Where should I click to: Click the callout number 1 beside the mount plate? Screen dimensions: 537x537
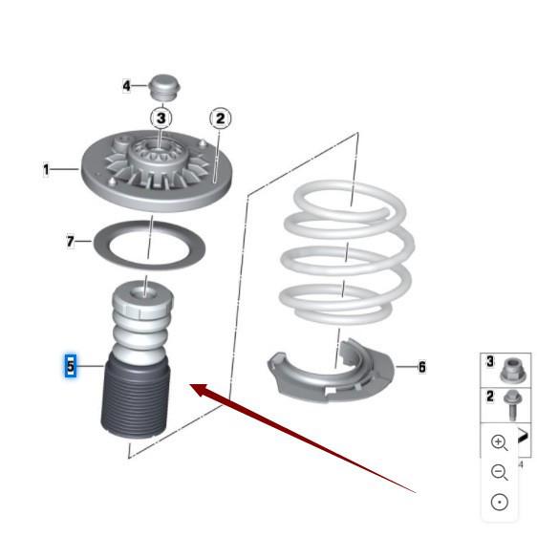click(x=46, y=169)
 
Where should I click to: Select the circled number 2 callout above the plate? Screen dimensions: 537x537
click(x=220, y=118)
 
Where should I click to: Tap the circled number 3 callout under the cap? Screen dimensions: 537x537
click(x=161, y=118)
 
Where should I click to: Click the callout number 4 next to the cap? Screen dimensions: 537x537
click(x=127, y=86)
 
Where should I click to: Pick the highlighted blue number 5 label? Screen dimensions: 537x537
click(x=71, y=366)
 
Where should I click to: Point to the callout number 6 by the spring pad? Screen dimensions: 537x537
click(x=422, y=367)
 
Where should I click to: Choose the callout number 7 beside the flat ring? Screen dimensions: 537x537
click(x=70, y=242)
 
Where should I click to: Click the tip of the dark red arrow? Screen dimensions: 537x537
click(x=190, y=385)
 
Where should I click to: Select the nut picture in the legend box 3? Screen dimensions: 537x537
click(x=513, y=370)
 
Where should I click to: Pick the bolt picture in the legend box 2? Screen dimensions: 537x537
click(x=513, y=405)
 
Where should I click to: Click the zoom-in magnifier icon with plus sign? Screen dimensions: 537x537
click(x=499, y=442)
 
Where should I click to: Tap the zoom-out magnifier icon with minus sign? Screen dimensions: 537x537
click(x=499, y=472)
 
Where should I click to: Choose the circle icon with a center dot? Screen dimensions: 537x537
click(x=500, y=503)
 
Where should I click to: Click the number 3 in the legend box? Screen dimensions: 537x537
click(x=490, y=361)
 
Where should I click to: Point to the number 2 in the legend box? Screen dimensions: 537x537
click(x=490, y=397)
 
